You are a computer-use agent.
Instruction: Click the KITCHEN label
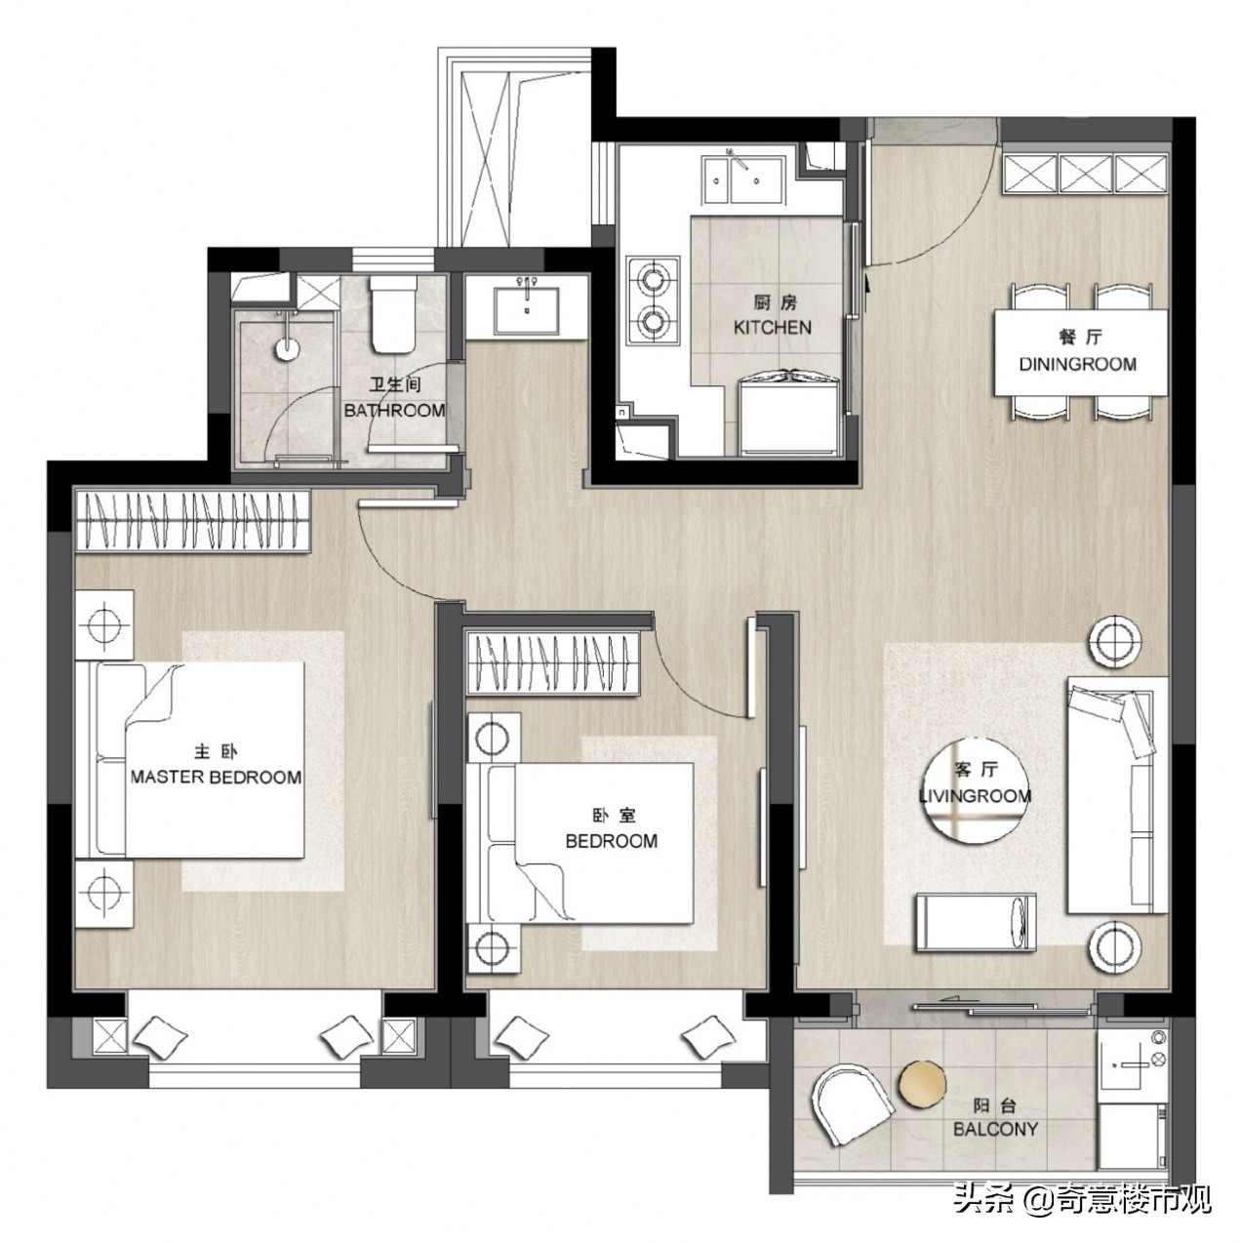[772, 327]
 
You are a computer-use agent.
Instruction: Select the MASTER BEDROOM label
[217, 777]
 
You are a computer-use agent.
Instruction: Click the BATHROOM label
[394, 410]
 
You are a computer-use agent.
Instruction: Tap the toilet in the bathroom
[393, 314]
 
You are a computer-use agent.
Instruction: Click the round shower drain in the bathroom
[288, 348]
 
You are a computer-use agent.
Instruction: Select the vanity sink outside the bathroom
[527, 311]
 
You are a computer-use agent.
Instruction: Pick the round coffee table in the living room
[975, 790]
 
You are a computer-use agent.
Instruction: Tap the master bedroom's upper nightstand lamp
[103, 623]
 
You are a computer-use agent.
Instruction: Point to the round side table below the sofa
[1117, 947]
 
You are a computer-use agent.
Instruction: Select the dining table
[1081, 352]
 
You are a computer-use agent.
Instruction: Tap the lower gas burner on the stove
[653, 319]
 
